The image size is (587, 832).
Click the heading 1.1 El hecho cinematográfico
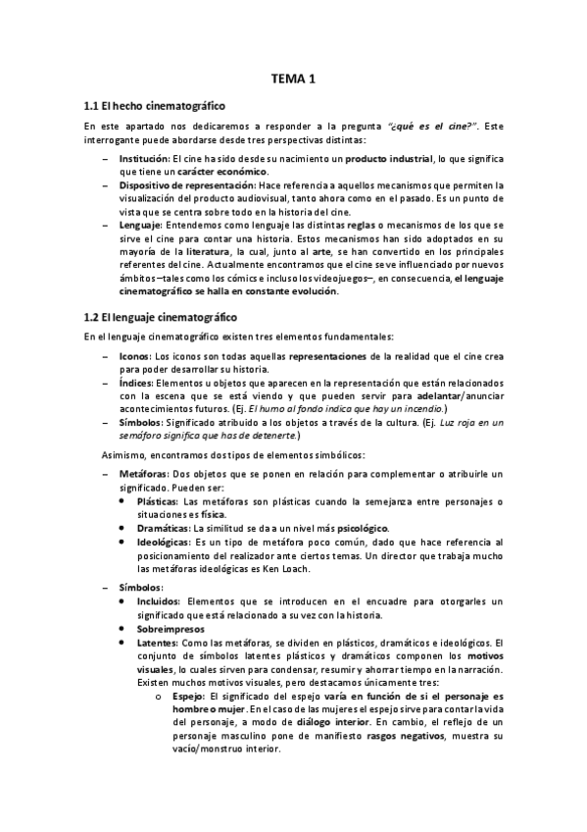(156, 105)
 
